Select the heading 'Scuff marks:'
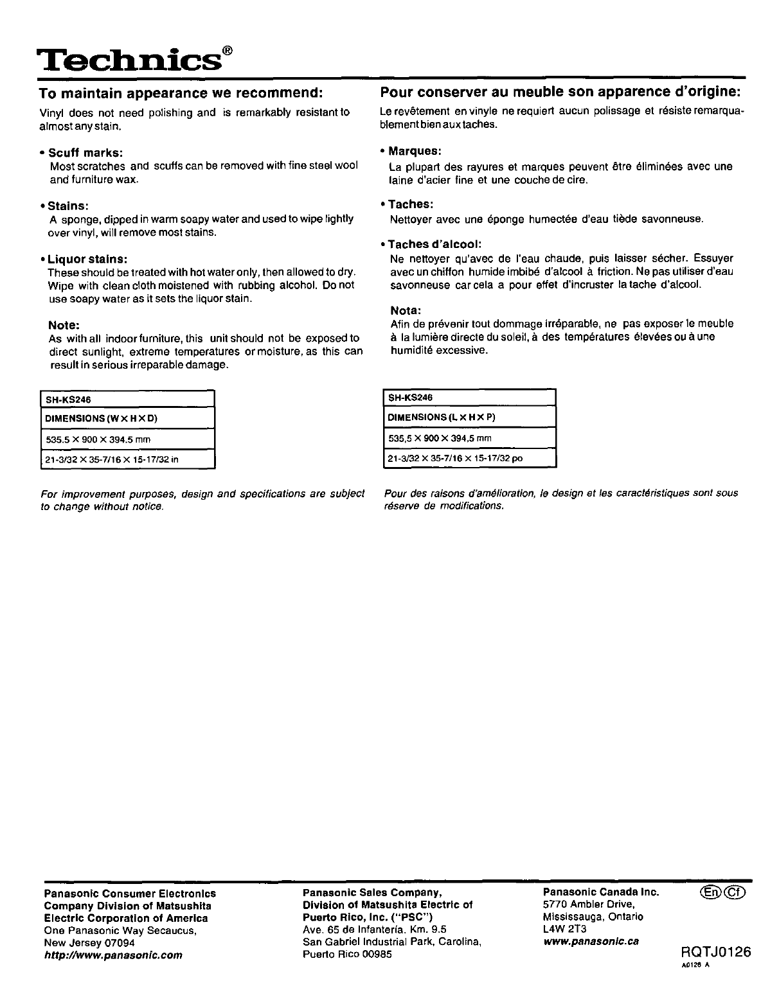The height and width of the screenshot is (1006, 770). (x=86, y=152)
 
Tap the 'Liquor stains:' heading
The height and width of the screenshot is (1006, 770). (x=88, y=259)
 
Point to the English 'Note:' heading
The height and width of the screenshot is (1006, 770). (x=64, y=325)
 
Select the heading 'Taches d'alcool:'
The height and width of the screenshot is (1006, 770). (x=434, y=244)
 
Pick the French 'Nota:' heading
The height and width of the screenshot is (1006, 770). (x=406, y=310)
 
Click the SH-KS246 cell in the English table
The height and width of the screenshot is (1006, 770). (x=126, y=398)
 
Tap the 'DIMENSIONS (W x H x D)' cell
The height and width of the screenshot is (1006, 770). (x=126, y=418)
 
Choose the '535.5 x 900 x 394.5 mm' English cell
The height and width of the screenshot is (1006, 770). (x=126, y=439)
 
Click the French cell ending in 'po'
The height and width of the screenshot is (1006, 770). (x=469, y=459)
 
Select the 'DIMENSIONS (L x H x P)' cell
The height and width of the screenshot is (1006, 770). (x=469, y=417)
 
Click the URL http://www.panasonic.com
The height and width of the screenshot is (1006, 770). (x=112, y=955)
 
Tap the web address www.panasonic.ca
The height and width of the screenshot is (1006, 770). (x=591, y=941)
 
